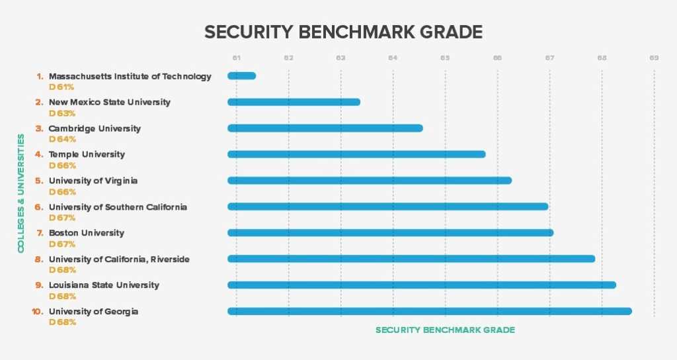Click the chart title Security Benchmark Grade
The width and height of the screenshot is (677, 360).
tap(343, 32)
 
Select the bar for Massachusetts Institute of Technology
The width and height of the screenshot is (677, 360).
tap(242, 76)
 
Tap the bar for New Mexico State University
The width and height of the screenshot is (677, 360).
tap(294, 102)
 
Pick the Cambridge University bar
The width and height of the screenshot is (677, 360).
tap(325, 128)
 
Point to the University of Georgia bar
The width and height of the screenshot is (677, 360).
tap(429, 311)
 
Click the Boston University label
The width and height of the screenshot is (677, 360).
tap(87, 233)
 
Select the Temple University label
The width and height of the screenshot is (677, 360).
tap(87, 154)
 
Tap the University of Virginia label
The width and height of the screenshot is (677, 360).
tap(93, 181)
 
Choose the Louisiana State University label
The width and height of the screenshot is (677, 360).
tap(104, 285)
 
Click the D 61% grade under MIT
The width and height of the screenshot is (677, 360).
tap(62, 87)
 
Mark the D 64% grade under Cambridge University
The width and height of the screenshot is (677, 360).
tap(62, 139)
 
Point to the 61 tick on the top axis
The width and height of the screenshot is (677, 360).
tap(236, 58)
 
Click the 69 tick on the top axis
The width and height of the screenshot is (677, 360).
tap(654, 58)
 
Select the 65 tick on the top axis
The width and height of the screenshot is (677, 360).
tap(445, 58)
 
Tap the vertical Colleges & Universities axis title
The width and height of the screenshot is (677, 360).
tap(21, 193)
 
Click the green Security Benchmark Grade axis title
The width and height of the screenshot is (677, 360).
tap(445, 330)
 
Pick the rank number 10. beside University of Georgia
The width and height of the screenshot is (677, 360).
tap(38, 312)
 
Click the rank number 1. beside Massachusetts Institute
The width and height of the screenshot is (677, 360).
tap(40, 76)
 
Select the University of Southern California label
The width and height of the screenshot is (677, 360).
tap(118, 207)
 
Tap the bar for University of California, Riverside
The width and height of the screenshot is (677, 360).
tap(411, 259)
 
